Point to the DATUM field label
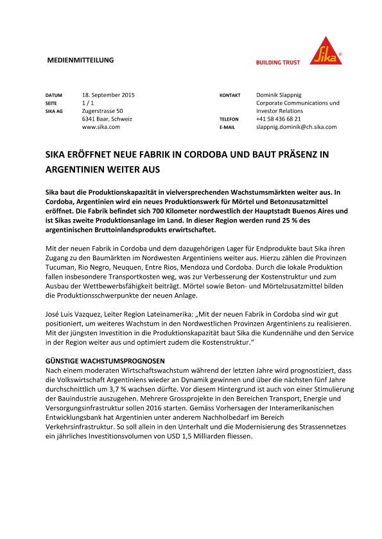(x=54, y=95)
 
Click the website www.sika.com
(x=101, y=128)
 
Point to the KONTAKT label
(x=230, y=95)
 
